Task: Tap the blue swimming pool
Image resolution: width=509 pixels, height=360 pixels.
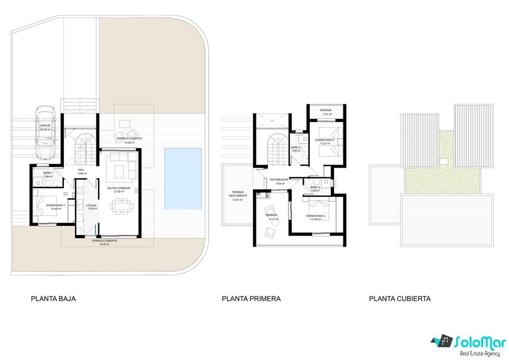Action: pyautogui.click(x=183, y=178)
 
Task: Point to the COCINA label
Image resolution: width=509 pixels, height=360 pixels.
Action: pyautogui.click(x=92, y=206)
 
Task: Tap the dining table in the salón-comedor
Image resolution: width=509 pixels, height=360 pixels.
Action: pyautogui.click(x=122, y=206)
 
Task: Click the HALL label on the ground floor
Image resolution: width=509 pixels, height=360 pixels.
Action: pyautogui.click(x=81, y=170)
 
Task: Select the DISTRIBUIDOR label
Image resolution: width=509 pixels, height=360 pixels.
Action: pyautogui.click(x=279, y=180)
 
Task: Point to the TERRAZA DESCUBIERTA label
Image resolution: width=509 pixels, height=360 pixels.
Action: pyautogui.click(x=238, y=194)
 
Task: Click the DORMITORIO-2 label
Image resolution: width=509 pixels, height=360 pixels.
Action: pyautogui.click(x=324, y=140)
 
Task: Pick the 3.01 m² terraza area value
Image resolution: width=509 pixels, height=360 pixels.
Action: pyautogui.click(x=325, y=115)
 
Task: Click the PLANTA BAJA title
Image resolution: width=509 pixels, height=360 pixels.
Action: pyautogui.click(x=53, y=298)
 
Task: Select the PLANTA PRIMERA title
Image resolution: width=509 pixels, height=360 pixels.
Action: pyautogui.click(x=251, y=298)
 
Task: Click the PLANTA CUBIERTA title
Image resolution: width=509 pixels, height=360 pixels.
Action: pyautogui.click(x=400, y=298)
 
